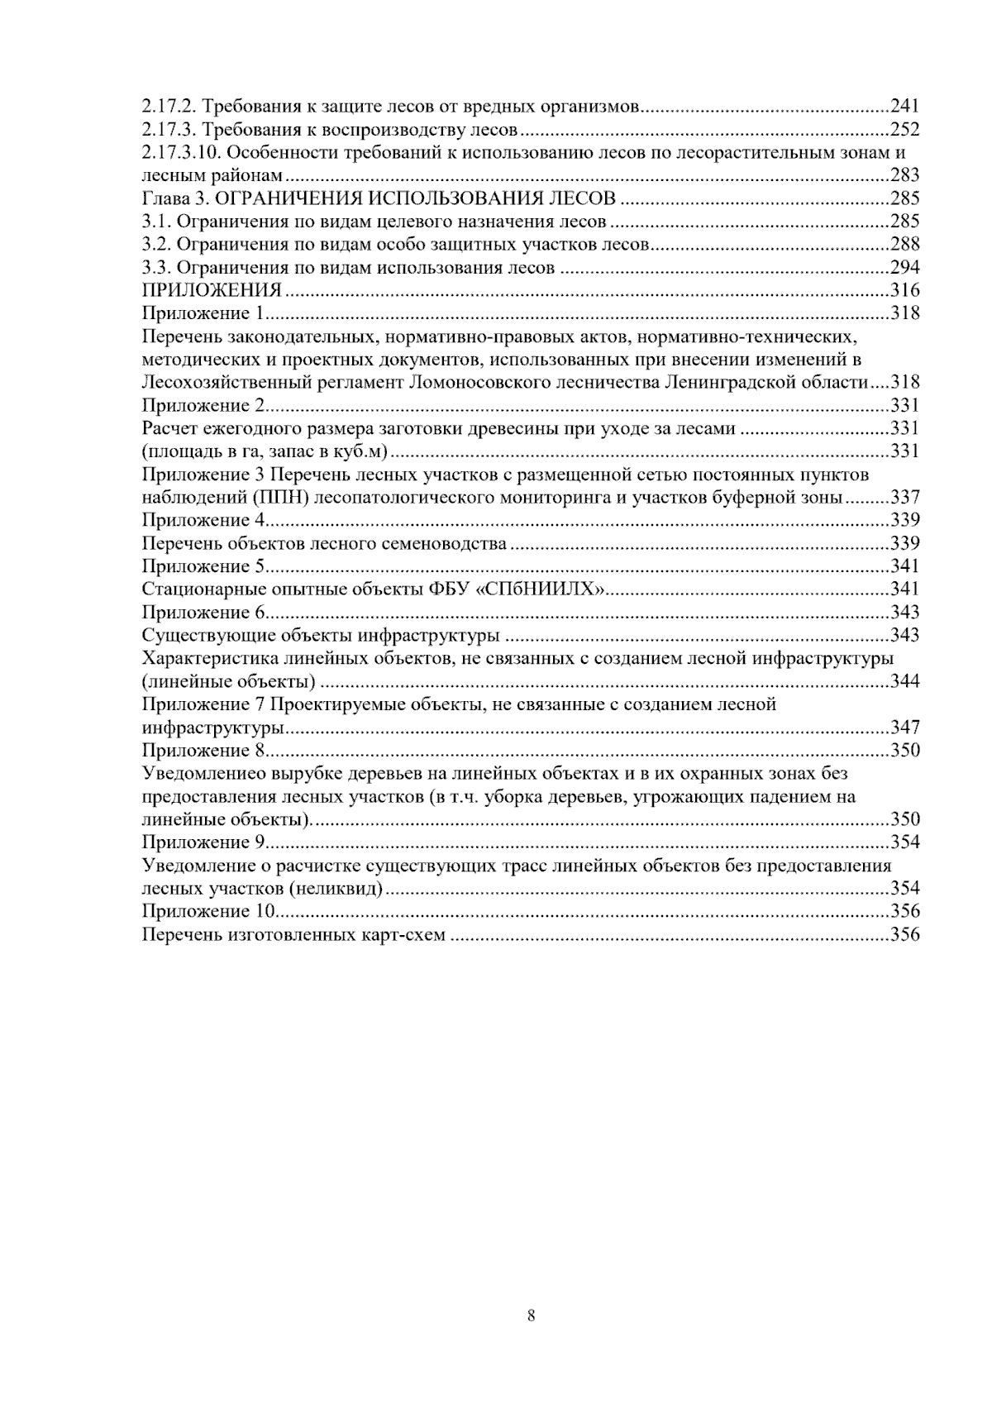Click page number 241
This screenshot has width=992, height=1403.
[x=904, y=106]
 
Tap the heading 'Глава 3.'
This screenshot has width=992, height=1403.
[x=169, y=198]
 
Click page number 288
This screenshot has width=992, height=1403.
[x=904, y=245]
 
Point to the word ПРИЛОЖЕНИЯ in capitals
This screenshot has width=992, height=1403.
[x=212, y=290]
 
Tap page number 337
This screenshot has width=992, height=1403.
[x=904, y=498]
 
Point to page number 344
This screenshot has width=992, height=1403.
[x=904, y=682]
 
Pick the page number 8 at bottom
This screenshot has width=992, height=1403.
[x=532, y=1316]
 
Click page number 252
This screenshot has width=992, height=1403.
[x=904, y=129]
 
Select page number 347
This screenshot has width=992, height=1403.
[x=904, y=728]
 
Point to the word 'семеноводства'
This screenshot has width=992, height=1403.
[x=449, y=544]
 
